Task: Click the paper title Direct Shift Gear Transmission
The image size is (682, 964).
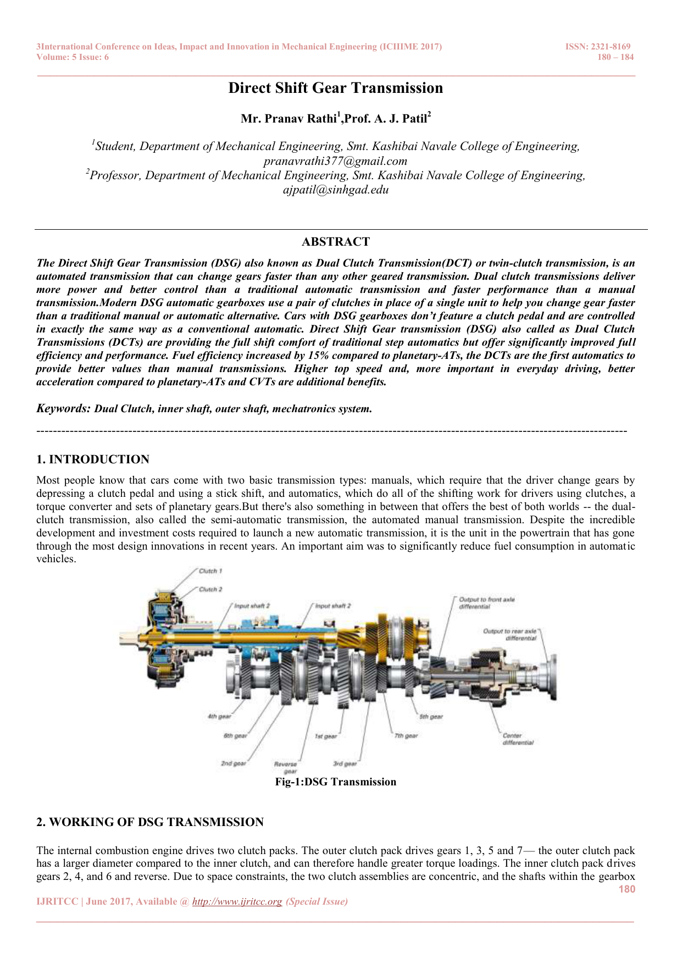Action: click(335, 88)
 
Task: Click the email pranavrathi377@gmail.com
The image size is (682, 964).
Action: click(335, 161)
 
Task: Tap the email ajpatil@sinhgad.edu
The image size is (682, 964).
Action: click(335, 190)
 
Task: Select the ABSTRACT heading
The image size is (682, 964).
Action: click(335, 242)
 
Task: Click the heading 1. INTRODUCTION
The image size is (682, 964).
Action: click(93, 459)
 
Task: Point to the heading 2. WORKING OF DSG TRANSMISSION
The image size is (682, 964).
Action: click(150, 822)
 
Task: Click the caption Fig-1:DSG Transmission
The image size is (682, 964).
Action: click(335, 782)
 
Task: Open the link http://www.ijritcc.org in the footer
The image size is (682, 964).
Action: click(237, 901)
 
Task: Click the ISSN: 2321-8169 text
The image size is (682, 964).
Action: click(598, 47)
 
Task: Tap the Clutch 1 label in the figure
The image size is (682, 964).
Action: click(210, 571)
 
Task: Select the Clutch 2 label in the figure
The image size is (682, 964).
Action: click(210, 589)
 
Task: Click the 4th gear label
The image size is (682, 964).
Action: click(219, 716)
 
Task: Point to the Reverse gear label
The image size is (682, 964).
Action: click(286, 767)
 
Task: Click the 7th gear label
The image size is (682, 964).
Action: click(406, 735)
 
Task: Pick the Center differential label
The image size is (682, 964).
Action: click(517, 739)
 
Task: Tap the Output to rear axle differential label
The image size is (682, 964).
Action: click(509, 635)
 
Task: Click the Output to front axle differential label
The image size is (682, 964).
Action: click(486, 603)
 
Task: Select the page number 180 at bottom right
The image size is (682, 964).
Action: click(626, 889)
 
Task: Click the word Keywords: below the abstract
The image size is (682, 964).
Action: click(63, 408)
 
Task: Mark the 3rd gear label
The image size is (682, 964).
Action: click(345, 763)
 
